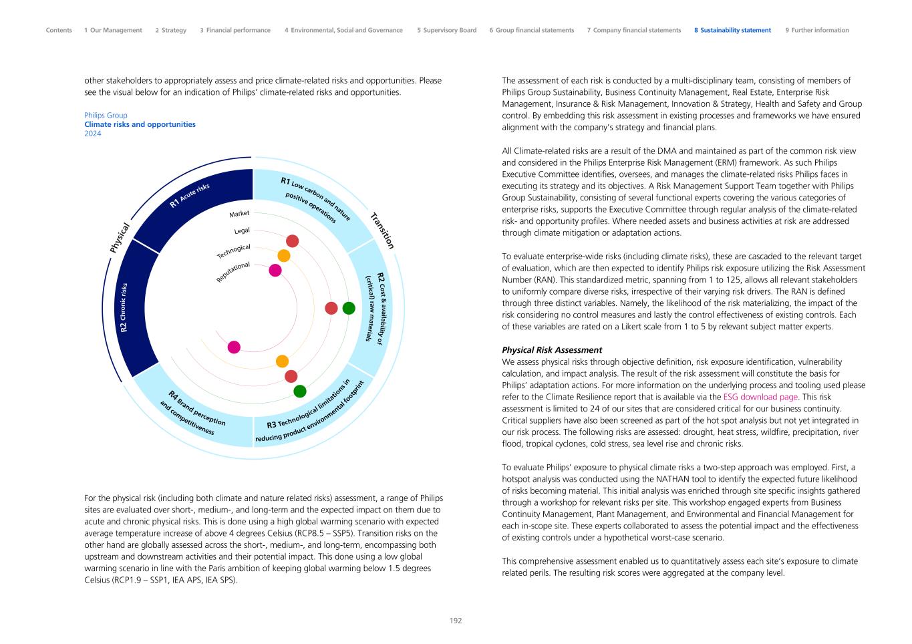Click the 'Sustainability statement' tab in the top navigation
coord(732,30)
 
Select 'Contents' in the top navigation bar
coord(59,30)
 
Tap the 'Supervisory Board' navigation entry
coord(446,30)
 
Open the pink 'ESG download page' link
coord(760,397)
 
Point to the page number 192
coord(456,621)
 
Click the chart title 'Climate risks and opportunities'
coord(140,124)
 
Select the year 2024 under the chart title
coord(93,134)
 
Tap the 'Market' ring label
coord(239,214)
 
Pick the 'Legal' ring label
coord(242,230)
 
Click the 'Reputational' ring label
coord(233,272)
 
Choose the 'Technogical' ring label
coord(233,251)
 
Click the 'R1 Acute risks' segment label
coord(190,194)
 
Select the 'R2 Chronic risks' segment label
coord(124,307)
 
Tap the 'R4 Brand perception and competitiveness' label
coord(192,414)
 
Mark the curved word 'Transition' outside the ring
coord(382,230)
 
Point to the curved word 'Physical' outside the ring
coord(120,238)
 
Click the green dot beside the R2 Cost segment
coord(349,308)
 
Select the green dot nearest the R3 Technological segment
coord(300,391)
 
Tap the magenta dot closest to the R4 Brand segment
coord(234,347)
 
